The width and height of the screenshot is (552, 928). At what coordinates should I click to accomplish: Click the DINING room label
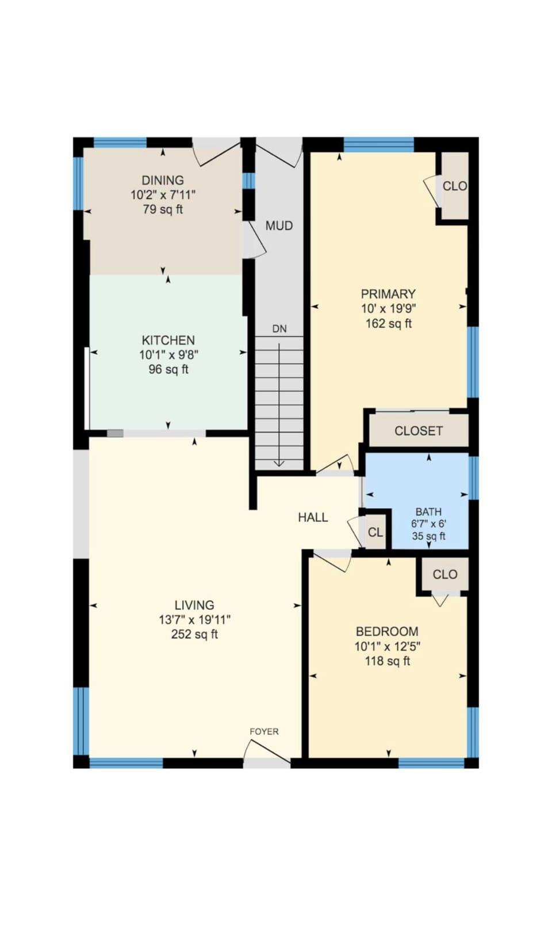163,180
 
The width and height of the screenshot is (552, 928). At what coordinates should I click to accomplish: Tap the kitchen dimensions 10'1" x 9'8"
168,355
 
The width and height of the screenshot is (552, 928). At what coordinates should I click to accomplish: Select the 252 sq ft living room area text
194,635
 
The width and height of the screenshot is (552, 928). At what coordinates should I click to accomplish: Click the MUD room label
279,226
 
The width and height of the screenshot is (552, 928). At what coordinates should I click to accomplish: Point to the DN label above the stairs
279,329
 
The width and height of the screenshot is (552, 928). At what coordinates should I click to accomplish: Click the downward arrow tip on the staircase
279,464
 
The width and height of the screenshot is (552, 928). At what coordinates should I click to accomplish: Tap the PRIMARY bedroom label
388,294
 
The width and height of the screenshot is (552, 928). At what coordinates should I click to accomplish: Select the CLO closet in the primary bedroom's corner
454,186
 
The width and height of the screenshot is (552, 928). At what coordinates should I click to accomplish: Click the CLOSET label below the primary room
419,431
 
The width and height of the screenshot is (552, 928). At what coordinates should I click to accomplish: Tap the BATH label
428,511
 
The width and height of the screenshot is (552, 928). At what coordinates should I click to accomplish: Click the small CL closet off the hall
375,532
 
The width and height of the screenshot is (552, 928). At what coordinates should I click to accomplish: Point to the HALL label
313,517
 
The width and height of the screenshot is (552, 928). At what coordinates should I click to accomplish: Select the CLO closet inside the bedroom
445,574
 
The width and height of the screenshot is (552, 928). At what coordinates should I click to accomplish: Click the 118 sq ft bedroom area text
388,661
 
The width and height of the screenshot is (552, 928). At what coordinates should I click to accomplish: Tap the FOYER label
264,731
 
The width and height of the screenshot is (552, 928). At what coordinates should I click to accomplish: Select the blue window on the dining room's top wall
120,142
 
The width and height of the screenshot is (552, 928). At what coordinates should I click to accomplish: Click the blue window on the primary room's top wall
378,143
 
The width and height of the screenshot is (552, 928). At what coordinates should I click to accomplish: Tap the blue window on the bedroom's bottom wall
431,763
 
